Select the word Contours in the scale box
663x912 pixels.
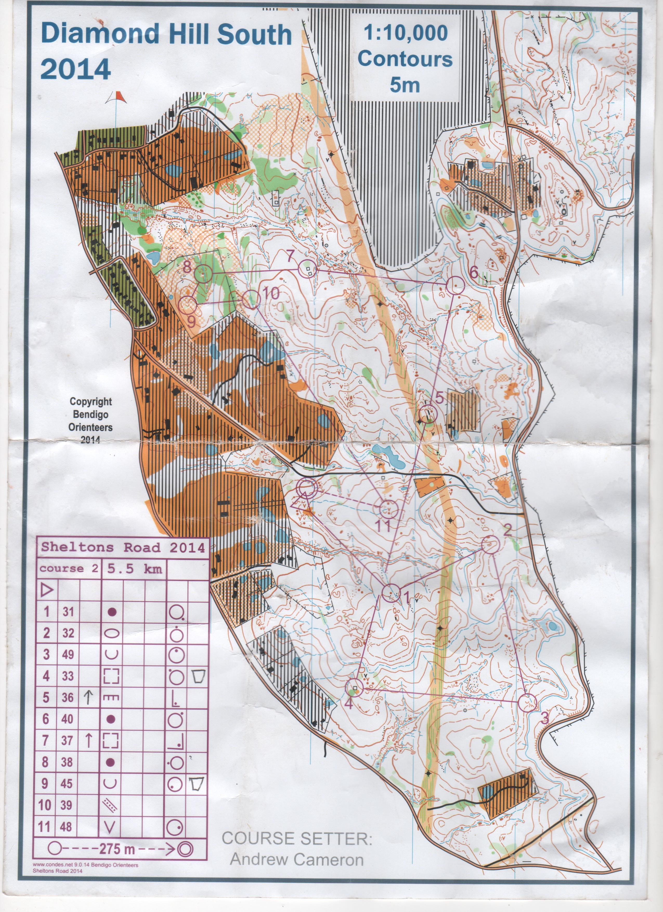(405, 59)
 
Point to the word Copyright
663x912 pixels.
(91, 401)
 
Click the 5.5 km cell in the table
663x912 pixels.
(134, 568)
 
